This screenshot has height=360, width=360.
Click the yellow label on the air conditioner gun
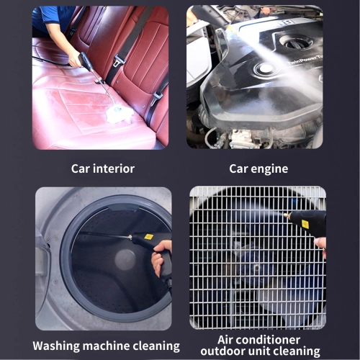305,224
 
